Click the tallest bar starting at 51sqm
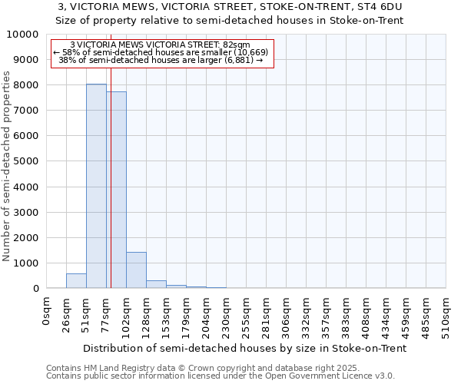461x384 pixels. pyautogui.click(x=96, y=186)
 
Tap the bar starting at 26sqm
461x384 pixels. pyautogui.click(x=76, y=281)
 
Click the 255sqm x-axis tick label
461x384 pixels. pyautogui.click(x=246, y=314)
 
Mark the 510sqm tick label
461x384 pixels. pyautogui.click(x=446, y=314)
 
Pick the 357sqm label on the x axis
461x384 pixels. pyautogui.click(x=326, y=314)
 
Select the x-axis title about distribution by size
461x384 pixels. pyautogui.click(x=244, y=348)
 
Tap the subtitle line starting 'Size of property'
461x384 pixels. pyautogui.click(x=230, y=20)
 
